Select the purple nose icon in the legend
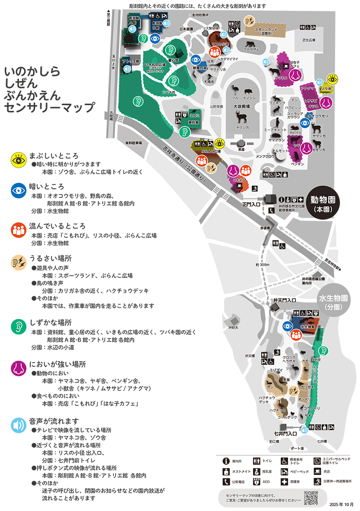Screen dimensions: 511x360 pos(18,368)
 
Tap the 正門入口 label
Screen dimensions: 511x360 pos(251,204)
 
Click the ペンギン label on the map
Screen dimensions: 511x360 pos(297,164)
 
